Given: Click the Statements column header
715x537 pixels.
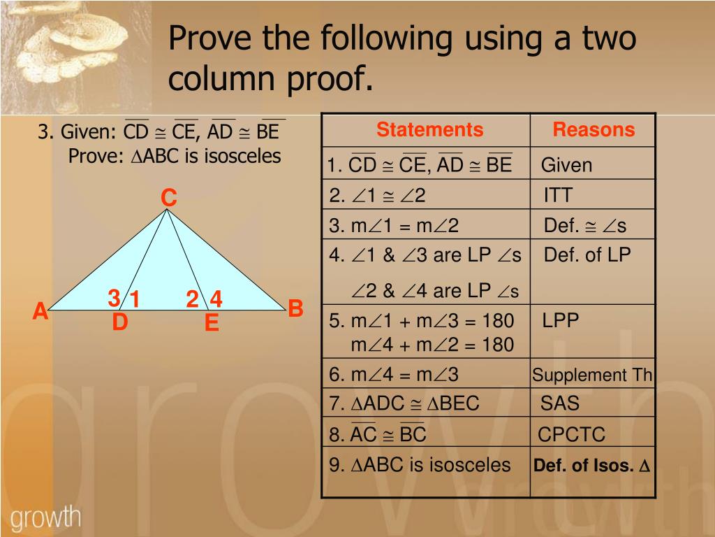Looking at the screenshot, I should pos(429,130).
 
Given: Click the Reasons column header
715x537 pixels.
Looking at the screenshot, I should pos(594,130).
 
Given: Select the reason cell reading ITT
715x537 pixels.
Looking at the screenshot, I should pos(557,195).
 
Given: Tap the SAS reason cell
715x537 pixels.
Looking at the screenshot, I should pos(559,403).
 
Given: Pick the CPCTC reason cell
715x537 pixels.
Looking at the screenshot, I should pos(571,434).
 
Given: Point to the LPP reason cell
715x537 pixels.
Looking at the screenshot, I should pos(560,321).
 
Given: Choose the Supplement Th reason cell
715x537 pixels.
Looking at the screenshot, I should pos(592,375).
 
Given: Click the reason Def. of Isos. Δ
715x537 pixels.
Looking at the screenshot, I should pos(592,466).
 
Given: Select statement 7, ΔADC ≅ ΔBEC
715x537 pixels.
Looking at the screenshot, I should pos(405,403).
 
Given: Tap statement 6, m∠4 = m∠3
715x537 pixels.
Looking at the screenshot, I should pos(395,375).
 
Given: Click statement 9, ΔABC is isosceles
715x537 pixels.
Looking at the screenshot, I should pos(420,465).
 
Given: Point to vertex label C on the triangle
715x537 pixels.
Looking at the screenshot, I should pos(169,199).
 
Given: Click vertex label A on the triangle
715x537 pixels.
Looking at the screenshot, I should pos(40,311).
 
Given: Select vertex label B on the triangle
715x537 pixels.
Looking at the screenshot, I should pos(295,308).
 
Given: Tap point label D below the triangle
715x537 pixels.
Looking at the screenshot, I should pos(120,323).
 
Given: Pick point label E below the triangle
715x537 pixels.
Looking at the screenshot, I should pos(212,324).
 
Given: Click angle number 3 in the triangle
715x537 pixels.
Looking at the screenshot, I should pos(113,299).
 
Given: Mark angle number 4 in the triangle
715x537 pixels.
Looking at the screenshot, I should pos(216,299).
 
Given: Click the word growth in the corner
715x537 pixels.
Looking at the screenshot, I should pos(46,518).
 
